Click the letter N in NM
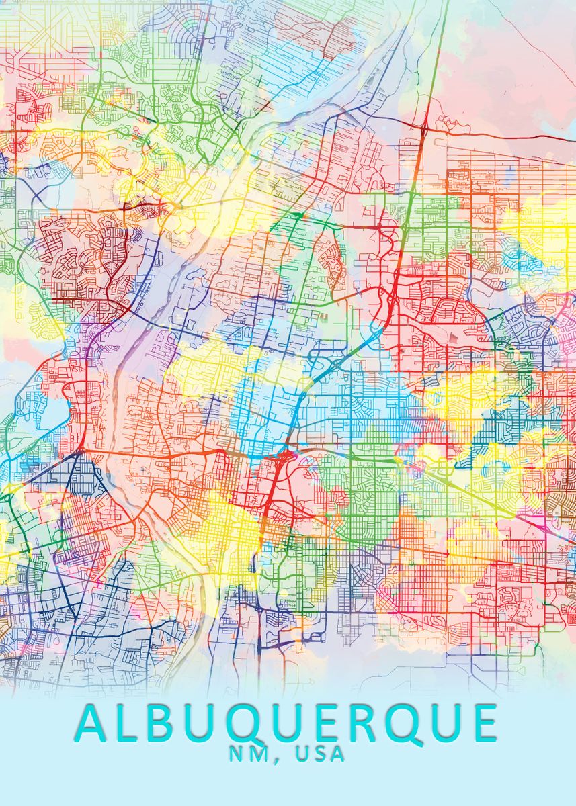237,754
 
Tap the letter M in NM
259,754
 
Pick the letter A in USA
337,754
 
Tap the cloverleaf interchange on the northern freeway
425,126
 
